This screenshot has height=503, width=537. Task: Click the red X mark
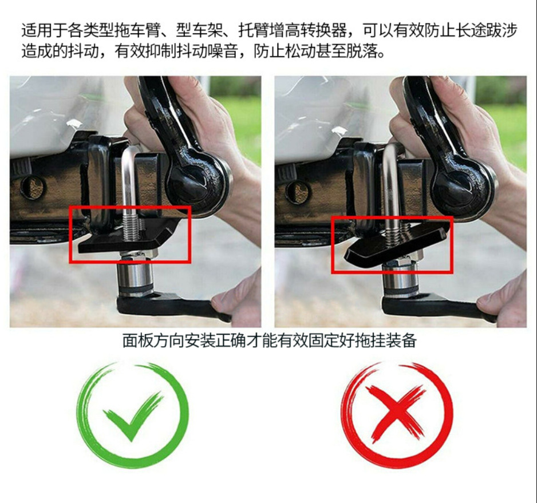click(397, 414)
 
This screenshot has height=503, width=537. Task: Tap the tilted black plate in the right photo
click(394, 245)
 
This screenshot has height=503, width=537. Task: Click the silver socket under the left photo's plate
click(135, 275)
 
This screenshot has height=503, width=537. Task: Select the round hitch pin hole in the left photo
click(33, 187)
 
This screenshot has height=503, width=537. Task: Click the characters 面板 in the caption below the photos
click(137, 340)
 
